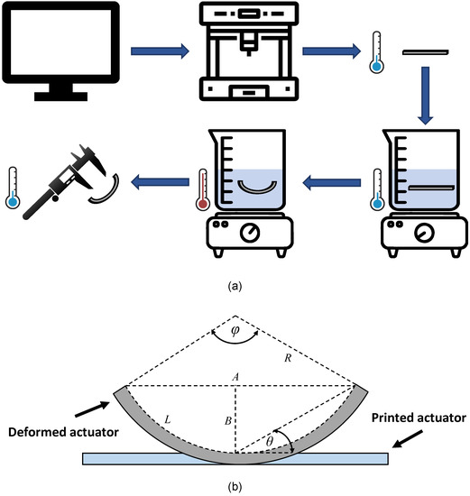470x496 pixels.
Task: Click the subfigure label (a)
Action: click(235, 287)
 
